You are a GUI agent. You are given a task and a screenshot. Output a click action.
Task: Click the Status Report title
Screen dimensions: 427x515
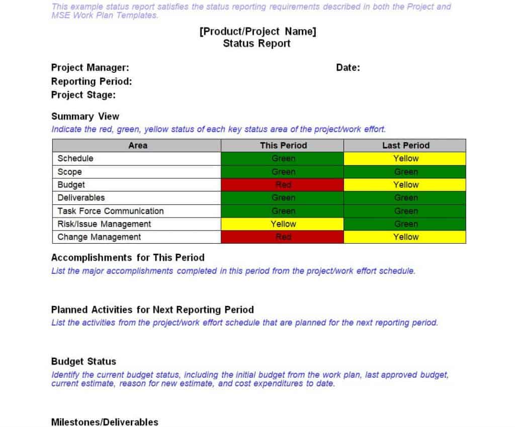[256, 44]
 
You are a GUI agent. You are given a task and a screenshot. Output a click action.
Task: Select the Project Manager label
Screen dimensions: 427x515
[90, 68]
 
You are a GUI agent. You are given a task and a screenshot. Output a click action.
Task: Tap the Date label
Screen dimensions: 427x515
[348, 68]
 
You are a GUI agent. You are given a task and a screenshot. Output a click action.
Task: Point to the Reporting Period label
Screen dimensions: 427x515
[92, 81]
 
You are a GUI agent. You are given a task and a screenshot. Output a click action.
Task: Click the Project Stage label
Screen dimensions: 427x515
[83, 95]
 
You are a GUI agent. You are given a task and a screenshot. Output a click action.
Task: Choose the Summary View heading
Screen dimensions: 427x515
[85, 117]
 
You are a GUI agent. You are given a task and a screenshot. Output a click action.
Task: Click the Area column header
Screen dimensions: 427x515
[138, 146]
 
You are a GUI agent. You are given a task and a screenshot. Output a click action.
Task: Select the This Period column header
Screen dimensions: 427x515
[283, 146]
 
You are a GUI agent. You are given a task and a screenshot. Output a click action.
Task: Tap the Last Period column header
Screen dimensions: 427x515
[406, 146]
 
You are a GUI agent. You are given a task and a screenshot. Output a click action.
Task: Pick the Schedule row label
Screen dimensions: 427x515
[75, 159]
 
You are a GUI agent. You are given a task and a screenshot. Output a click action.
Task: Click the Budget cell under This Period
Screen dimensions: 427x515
[283, 185]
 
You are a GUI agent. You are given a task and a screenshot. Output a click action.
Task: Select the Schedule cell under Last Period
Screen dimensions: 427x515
[406, 159]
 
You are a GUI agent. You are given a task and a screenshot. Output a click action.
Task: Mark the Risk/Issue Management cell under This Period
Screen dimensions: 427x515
[283, 224]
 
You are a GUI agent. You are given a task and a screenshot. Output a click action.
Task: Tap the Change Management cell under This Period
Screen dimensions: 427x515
[283, 237]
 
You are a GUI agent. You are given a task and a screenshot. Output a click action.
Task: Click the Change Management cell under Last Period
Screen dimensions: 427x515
[406, 237]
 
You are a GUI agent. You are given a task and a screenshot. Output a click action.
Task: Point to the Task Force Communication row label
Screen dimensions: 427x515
[111, 211]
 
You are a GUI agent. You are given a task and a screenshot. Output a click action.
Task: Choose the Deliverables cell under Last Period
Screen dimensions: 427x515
[406, 198]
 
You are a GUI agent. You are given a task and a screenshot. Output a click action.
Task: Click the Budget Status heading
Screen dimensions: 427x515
[83, 362]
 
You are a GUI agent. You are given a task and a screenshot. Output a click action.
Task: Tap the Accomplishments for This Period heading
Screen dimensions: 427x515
[128, 258]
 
